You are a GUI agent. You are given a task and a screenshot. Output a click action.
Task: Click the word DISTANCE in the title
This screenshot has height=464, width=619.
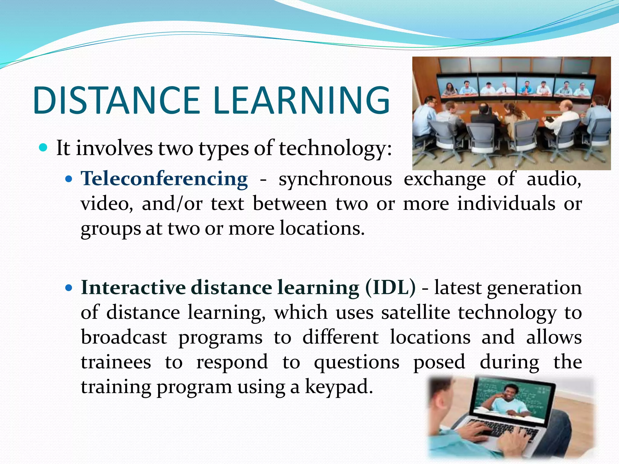(116, 101)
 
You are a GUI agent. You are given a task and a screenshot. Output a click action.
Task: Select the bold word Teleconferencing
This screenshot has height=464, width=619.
(164, 179)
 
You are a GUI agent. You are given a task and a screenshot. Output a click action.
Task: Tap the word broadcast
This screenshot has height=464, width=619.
(124, 337)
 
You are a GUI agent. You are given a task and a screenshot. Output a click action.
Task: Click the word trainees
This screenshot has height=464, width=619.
(116, 362)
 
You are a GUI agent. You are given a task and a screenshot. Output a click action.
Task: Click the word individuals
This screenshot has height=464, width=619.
(506, 204)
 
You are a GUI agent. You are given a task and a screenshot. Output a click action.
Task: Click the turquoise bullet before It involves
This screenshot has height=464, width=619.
(44, 148)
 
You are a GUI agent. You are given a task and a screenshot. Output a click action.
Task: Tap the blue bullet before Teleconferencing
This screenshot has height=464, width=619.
(69, 179)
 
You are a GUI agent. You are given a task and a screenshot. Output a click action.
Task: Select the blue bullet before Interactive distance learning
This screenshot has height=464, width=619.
(69, 288)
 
